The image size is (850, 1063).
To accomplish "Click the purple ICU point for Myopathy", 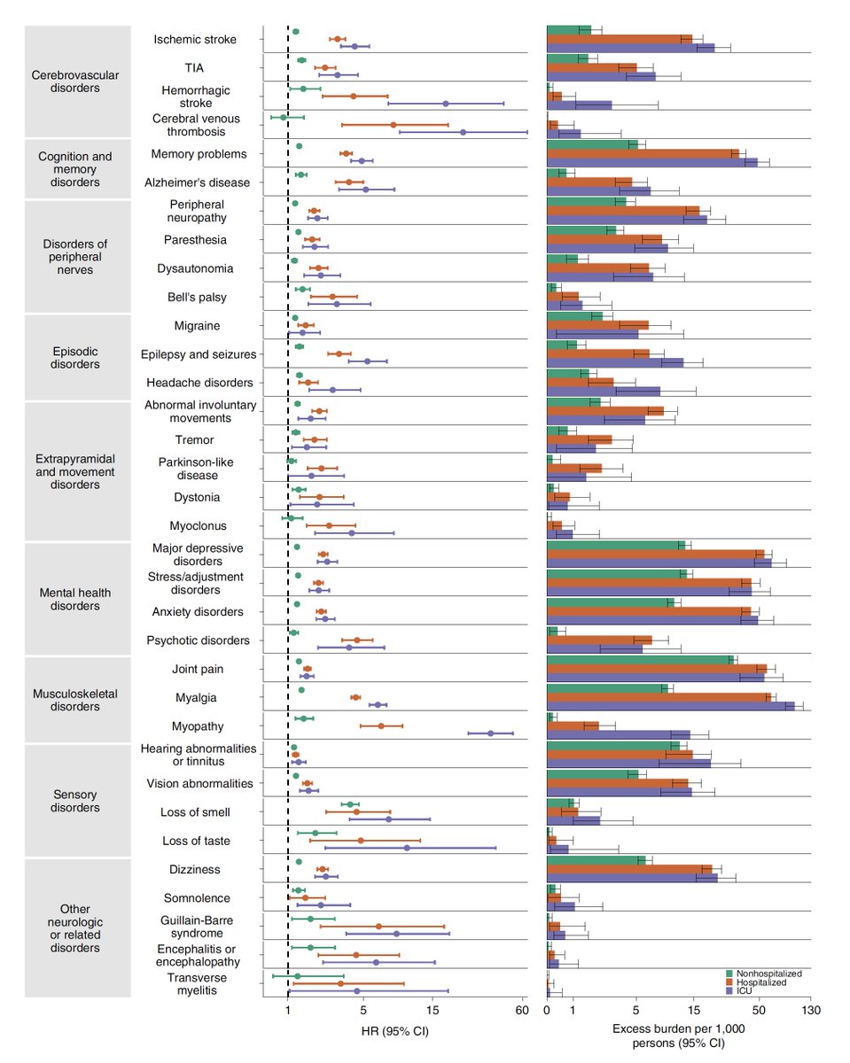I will pyautogui.click(x=490, y=733).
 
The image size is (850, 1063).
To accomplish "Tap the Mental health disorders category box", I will pyautogui.click(x=74, y=599).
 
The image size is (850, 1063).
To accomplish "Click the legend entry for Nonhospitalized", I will pyautogui.click(x=760, y=974).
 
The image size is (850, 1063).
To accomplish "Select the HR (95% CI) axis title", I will pyautogui.click(x=394, y=1029).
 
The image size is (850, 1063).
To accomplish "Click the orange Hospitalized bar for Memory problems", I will pyautogui.click(x=643, y=153).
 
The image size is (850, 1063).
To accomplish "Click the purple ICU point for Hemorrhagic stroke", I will pyautogui.click(x=446, y=104).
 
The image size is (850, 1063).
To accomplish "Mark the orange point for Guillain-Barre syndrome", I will pyautogui.click(x=378, y=926).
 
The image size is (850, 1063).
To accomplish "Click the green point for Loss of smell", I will pyautogui.click(x=350, y=804).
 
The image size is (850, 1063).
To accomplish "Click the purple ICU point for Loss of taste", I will pyautogui.click(x=407, y=848).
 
